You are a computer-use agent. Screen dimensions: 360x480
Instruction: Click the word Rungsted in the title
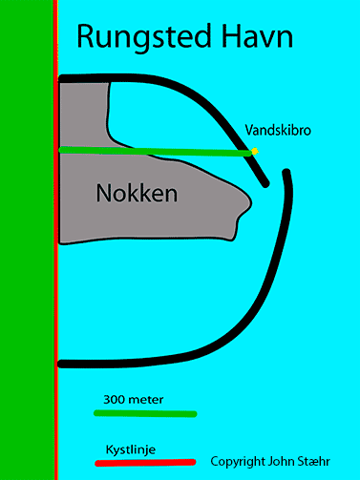(144, 37)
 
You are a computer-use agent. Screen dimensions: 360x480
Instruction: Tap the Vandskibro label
(278, 131)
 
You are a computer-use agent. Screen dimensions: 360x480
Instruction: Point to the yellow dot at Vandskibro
(254, 152)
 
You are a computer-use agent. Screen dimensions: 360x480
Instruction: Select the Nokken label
(137, 193)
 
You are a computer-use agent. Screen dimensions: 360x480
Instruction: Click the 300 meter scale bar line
(145, 413)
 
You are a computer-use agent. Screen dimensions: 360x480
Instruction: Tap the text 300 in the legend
(114, 400)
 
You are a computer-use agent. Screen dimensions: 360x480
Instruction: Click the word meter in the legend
(145, 400)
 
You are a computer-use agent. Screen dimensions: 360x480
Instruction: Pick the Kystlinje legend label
(131, 449)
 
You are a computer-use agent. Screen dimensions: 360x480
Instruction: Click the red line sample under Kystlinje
(145, 463)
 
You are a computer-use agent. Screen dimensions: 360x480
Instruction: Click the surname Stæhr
(313, 461)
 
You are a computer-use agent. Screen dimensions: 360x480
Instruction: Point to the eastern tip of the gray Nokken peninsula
(251, 203)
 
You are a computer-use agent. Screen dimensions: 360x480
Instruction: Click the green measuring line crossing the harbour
(155, 152)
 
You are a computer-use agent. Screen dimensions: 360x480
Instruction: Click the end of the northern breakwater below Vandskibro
(265, 183)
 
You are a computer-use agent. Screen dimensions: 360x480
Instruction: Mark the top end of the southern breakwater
(286, 173)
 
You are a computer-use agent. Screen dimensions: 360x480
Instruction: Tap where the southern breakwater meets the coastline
(60, 364)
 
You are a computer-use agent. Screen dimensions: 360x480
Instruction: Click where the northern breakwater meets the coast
(61, 78)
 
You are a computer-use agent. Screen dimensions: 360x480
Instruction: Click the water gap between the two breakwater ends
(276, 178)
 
